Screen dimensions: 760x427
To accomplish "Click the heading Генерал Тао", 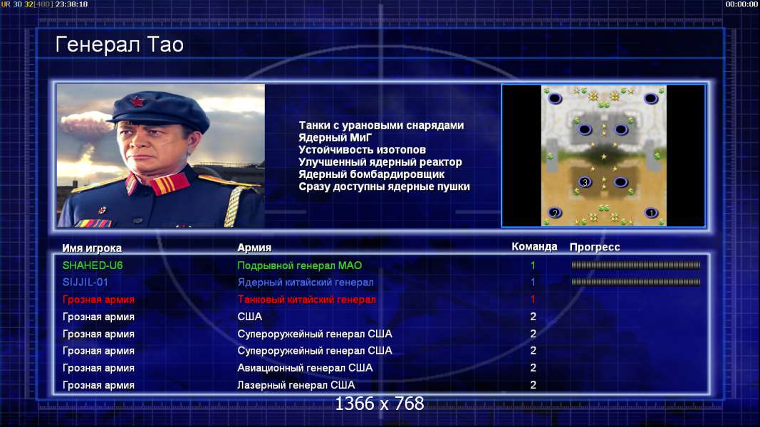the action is point(119,45).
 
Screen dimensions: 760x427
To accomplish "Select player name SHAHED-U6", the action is point(93,265).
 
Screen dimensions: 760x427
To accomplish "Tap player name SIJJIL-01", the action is point(85,283).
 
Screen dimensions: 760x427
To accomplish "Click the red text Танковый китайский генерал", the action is point(306,299).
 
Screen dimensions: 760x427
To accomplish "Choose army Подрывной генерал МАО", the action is point(300,265).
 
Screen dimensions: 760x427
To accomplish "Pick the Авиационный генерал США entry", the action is point(305,368).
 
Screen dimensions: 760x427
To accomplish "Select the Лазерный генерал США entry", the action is point(296,385).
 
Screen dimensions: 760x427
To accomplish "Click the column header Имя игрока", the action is point(92,248).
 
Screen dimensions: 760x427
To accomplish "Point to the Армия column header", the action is point(254,248).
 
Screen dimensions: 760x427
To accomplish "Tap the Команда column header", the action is point(534,247).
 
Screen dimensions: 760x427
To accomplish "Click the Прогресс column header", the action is point(595,247).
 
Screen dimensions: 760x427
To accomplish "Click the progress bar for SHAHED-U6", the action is point(636,265).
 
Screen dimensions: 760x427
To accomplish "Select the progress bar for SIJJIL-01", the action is point(636,282).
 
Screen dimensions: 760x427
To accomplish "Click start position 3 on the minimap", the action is point(585,182).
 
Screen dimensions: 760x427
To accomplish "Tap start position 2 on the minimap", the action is point(555,213).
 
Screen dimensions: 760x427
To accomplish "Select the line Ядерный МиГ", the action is point(335,137).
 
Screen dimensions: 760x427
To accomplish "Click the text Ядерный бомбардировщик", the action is point(371,174).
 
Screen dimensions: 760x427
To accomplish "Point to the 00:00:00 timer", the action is point(741,4).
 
